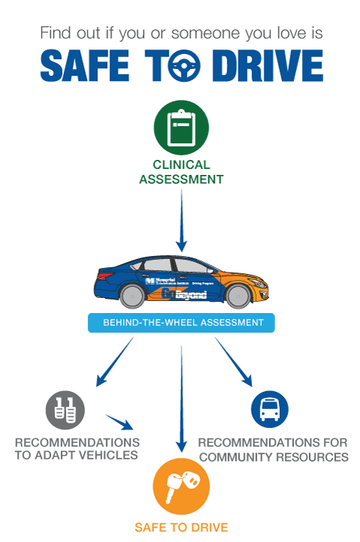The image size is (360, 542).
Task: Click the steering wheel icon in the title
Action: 181,67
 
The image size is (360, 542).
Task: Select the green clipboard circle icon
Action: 180,127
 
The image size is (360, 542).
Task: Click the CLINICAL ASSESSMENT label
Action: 181,172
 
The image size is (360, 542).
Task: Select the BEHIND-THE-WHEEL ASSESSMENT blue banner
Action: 181,323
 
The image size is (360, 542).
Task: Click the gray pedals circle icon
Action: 64,410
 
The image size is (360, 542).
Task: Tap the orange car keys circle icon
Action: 181,486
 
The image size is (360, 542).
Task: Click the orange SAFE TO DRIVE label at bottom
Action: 181,527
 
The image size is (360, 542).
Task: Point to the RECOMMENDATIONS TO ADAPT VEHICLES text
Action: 76,448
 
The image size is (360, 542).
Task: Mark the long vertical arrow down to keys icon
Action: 181,398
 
